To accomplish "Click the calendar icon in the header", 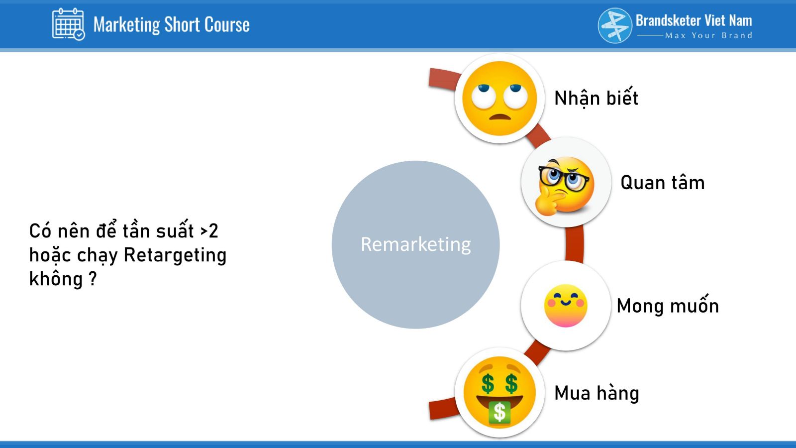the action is pos(69,24).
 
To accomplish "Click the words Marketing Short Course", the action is pos(171,24).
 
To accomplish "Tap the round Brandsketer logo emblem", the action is pos(615,25).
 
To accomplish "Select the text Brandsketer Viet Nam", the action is pos(694,20).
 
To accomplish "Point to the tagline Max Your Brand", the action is pos(708,35).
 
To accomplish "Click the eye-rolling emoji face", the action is pos(499,98).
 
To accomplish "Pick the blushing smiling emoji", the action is pos(565,306).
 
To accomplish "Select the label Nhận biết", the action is pos(596,98).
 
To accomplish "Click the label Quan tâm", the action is pos(662,183).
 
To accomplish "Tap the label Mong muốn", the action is pos(668,306).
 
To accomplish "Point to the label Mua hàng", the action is pos(597,393).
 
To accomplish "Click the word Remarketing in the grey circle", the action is pos(416,244).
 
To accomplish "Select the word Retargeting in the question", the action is pos(175,256).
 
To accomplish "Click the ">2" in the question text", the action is pos(209,231).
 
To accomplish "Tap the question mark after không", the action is pos(92,278).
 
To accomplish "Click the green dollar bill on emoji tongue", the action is pos(499,413).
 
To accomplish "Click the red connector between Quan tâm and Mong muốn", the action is pos(575,244).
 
